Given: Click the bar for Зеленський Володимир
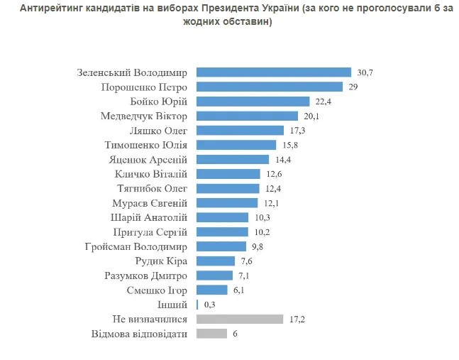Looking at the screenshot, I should coord(273,72).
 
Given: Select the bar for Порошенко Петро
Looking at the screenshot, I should coord(270,87).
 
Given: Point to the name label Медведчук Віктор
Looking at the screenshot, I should coord(144,116).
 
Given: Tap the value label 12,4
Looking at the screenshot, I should coord(271,188).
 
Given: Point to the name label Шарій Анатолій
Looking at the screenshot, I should coord(149,217).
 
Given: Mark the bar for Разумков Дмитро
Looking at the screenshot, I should coord(214,276).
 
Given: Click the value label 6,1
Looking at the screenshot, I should coord(238,290).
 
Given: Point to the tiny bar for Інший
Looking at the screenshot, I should coord(197,304).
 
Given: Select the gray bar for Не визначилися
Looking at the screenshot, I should coord(240,319).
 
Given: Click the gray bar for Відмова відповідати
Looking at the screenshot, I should coord(211,333).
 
